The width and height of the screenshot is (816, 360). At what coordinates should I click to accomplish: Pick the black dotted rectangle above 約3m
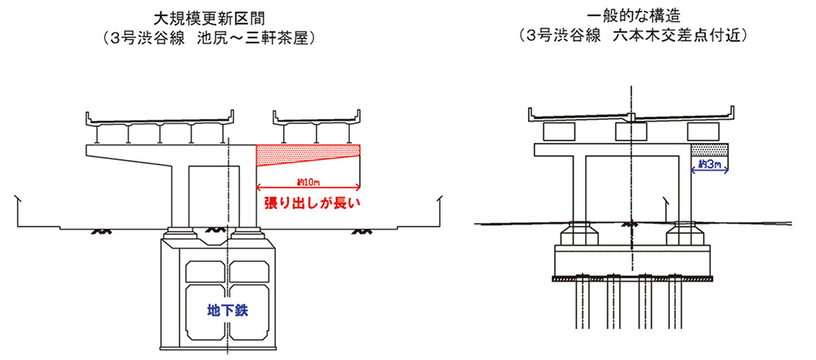(x=709, y=149)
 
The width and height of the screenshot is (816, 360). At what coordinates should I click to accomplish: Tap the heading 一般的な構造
(x=632, y=17)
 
